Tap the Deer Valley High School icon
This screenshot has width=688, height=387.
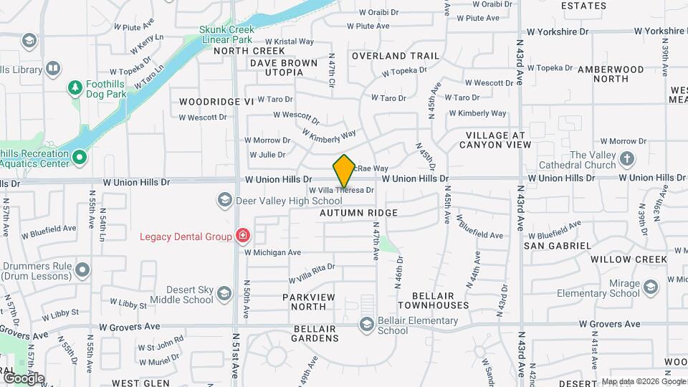click(224, 200)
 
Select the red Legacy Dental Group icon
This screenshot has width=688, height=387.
click(243, 236)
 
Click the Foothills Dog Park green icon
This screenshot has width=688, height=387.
click(74, 87)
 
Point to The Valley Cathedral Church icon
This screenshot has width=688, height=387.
click(627, 159)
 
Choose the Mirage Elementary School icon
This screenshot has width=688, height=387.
click(650, 287)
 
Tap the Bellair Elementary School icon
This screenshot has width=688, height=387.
click(367, 325)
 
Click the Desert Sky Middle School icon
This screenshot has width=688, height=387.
click(224, 294)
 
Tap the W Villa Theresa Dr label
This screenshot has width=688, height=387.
click(341, 190)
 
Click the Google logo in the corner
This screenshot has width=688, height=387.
click(24, 378)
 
